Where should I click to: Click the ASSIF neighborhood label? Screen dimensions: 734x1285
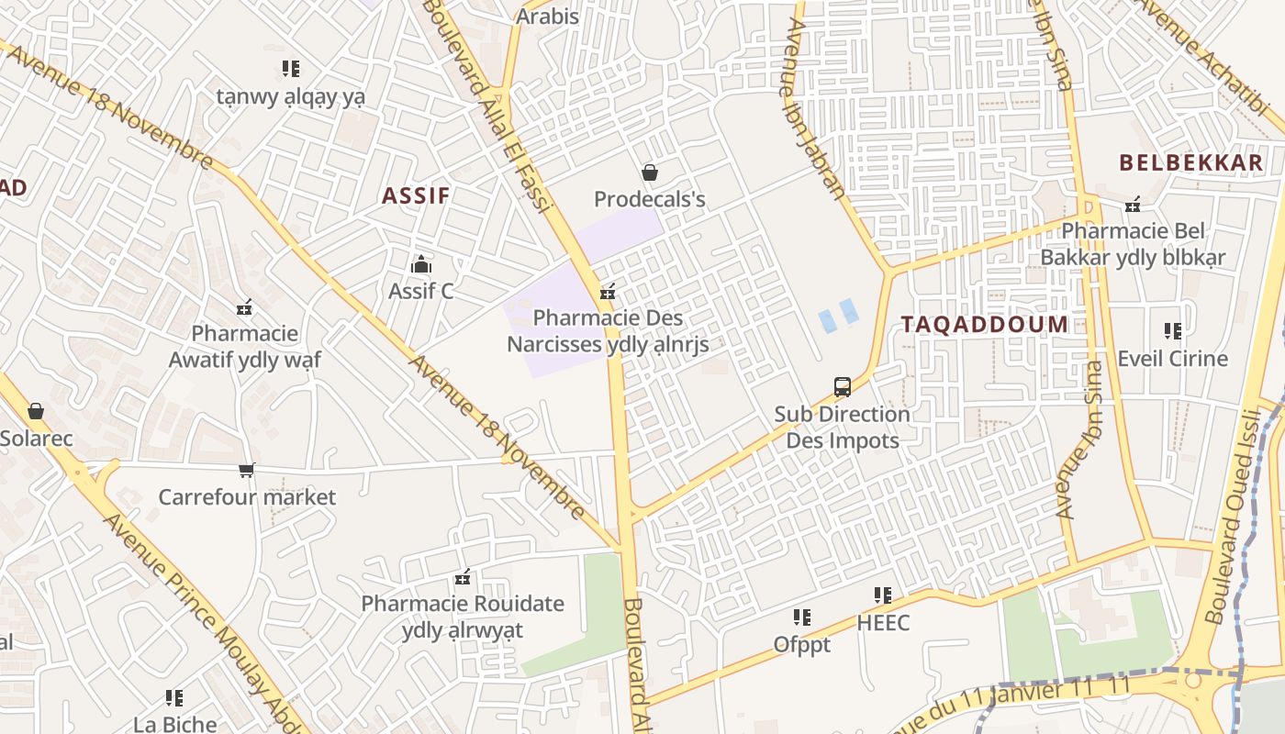click(416, 195)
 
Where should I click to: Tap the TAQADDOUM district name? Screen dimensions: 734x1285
click(984, 324)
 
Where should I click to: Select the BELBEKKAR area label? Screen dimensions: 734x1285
click(1190, 163)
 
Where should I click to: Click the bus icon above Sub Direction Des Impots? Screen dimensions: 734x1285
click(842, 387)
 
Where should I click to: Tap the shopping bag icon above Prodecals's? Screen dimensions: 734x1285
click(649, 172)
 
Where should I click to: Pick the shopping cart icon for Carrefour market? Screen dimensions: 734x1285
click(246, 471)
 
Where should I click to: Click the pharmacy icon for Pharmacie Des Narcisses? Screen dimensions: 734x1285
click(607, 293)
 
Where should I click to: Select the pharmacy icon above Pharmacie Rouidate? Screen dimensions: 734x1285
click(463, 577)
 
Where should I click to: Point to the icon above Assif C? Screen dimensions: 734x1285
click(421, 265)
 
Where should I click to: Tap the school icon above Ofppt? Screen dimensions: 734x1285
click(801, 617)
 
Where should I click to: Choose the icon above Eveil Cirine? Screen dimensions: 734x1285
click(1172, 331)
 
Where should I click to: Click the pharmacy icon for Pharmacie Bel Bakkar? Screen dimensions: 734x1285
click(1134, 204)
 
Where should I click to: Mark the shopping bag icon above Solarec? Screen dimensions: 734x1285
click(36, 411)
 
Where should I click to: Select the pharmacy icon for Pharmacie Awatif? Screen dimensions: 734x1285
click(244, 307)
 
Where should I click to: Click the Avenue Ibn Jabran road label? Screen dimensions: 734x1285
click(814, 108)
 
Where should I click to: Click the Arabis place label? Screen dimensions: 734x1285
click(548, 17)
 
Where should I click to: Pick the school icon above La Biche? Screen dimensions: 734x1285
click(174, 698)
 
